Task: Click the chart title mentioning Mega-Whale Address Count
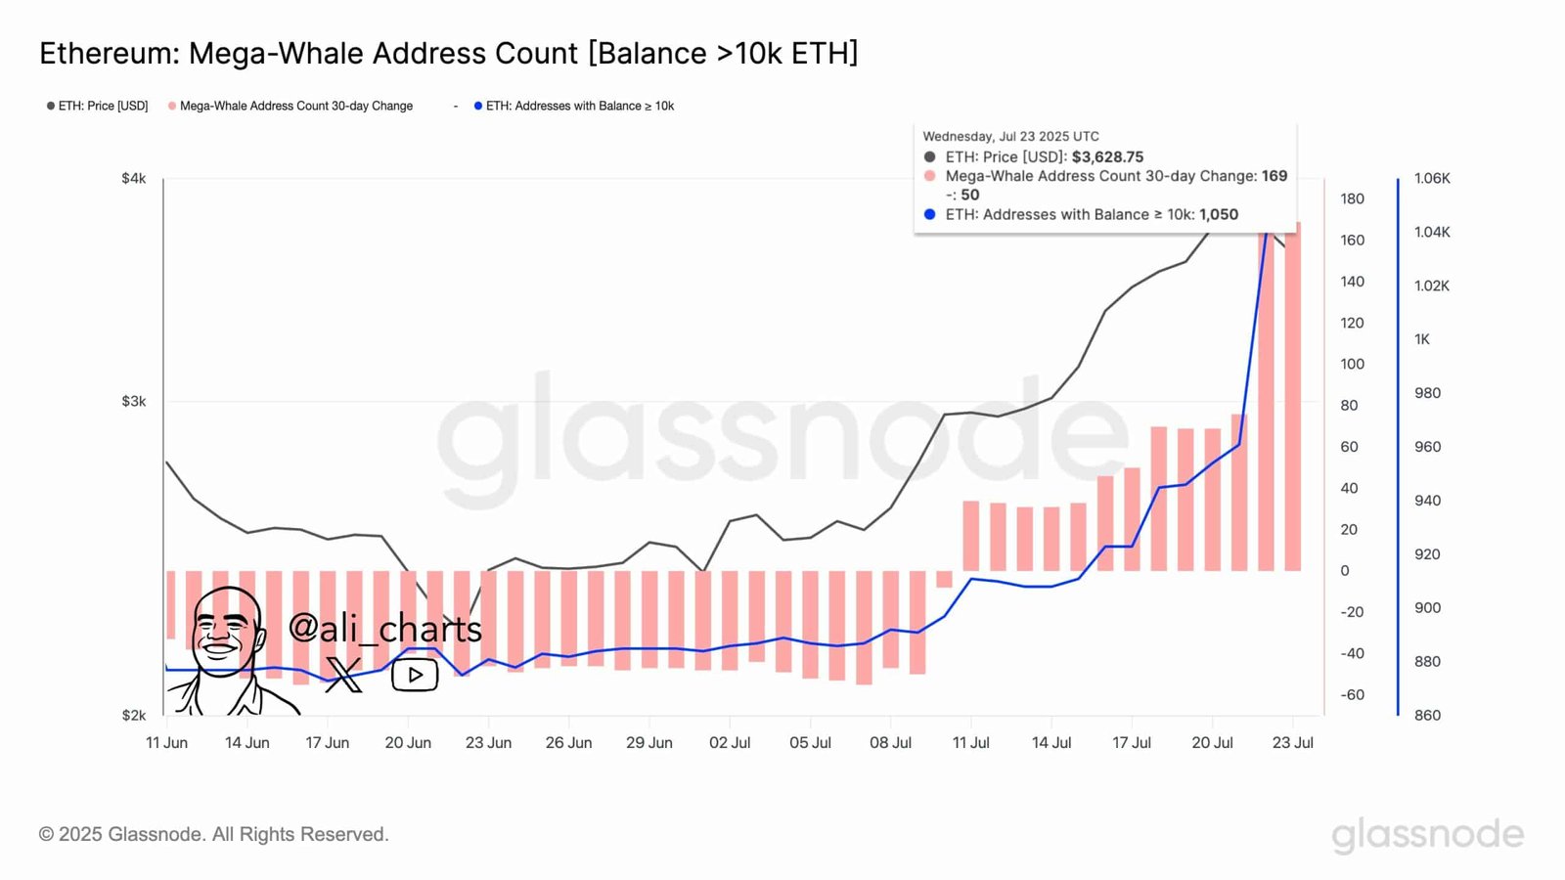pos(448,53)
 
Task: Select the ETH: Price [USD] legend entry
pos(98,106)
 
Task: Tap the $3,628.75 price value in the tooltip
pos(1107,156)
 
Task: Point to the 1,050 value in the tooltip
pos(1219,214)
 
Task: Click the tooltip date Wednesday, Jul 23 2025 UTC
pos(1010,136)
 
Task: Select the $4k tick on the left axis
pos(134,178)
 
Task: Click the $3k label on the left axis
pos(134,401)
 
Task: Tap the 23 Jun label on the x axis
pos(488,742)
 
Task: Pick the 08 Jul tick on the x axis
pos(890,742)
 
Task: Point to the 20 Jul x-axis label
pos(1212,742)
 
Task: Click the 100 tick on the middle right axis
pos(1352,364)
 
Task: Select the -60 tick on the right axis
pos(1352,694)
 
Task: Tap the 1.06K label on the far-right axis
pos(1432,178)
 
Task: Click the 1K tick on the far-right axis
pos(1422,339)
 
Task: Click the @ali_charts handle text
pos(385,628)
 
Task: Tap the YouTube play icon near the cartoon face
pos(415,675)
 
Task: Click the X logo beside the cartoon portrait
pos(343,675)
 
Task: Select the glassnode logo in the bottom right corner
pos(1427,834)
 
